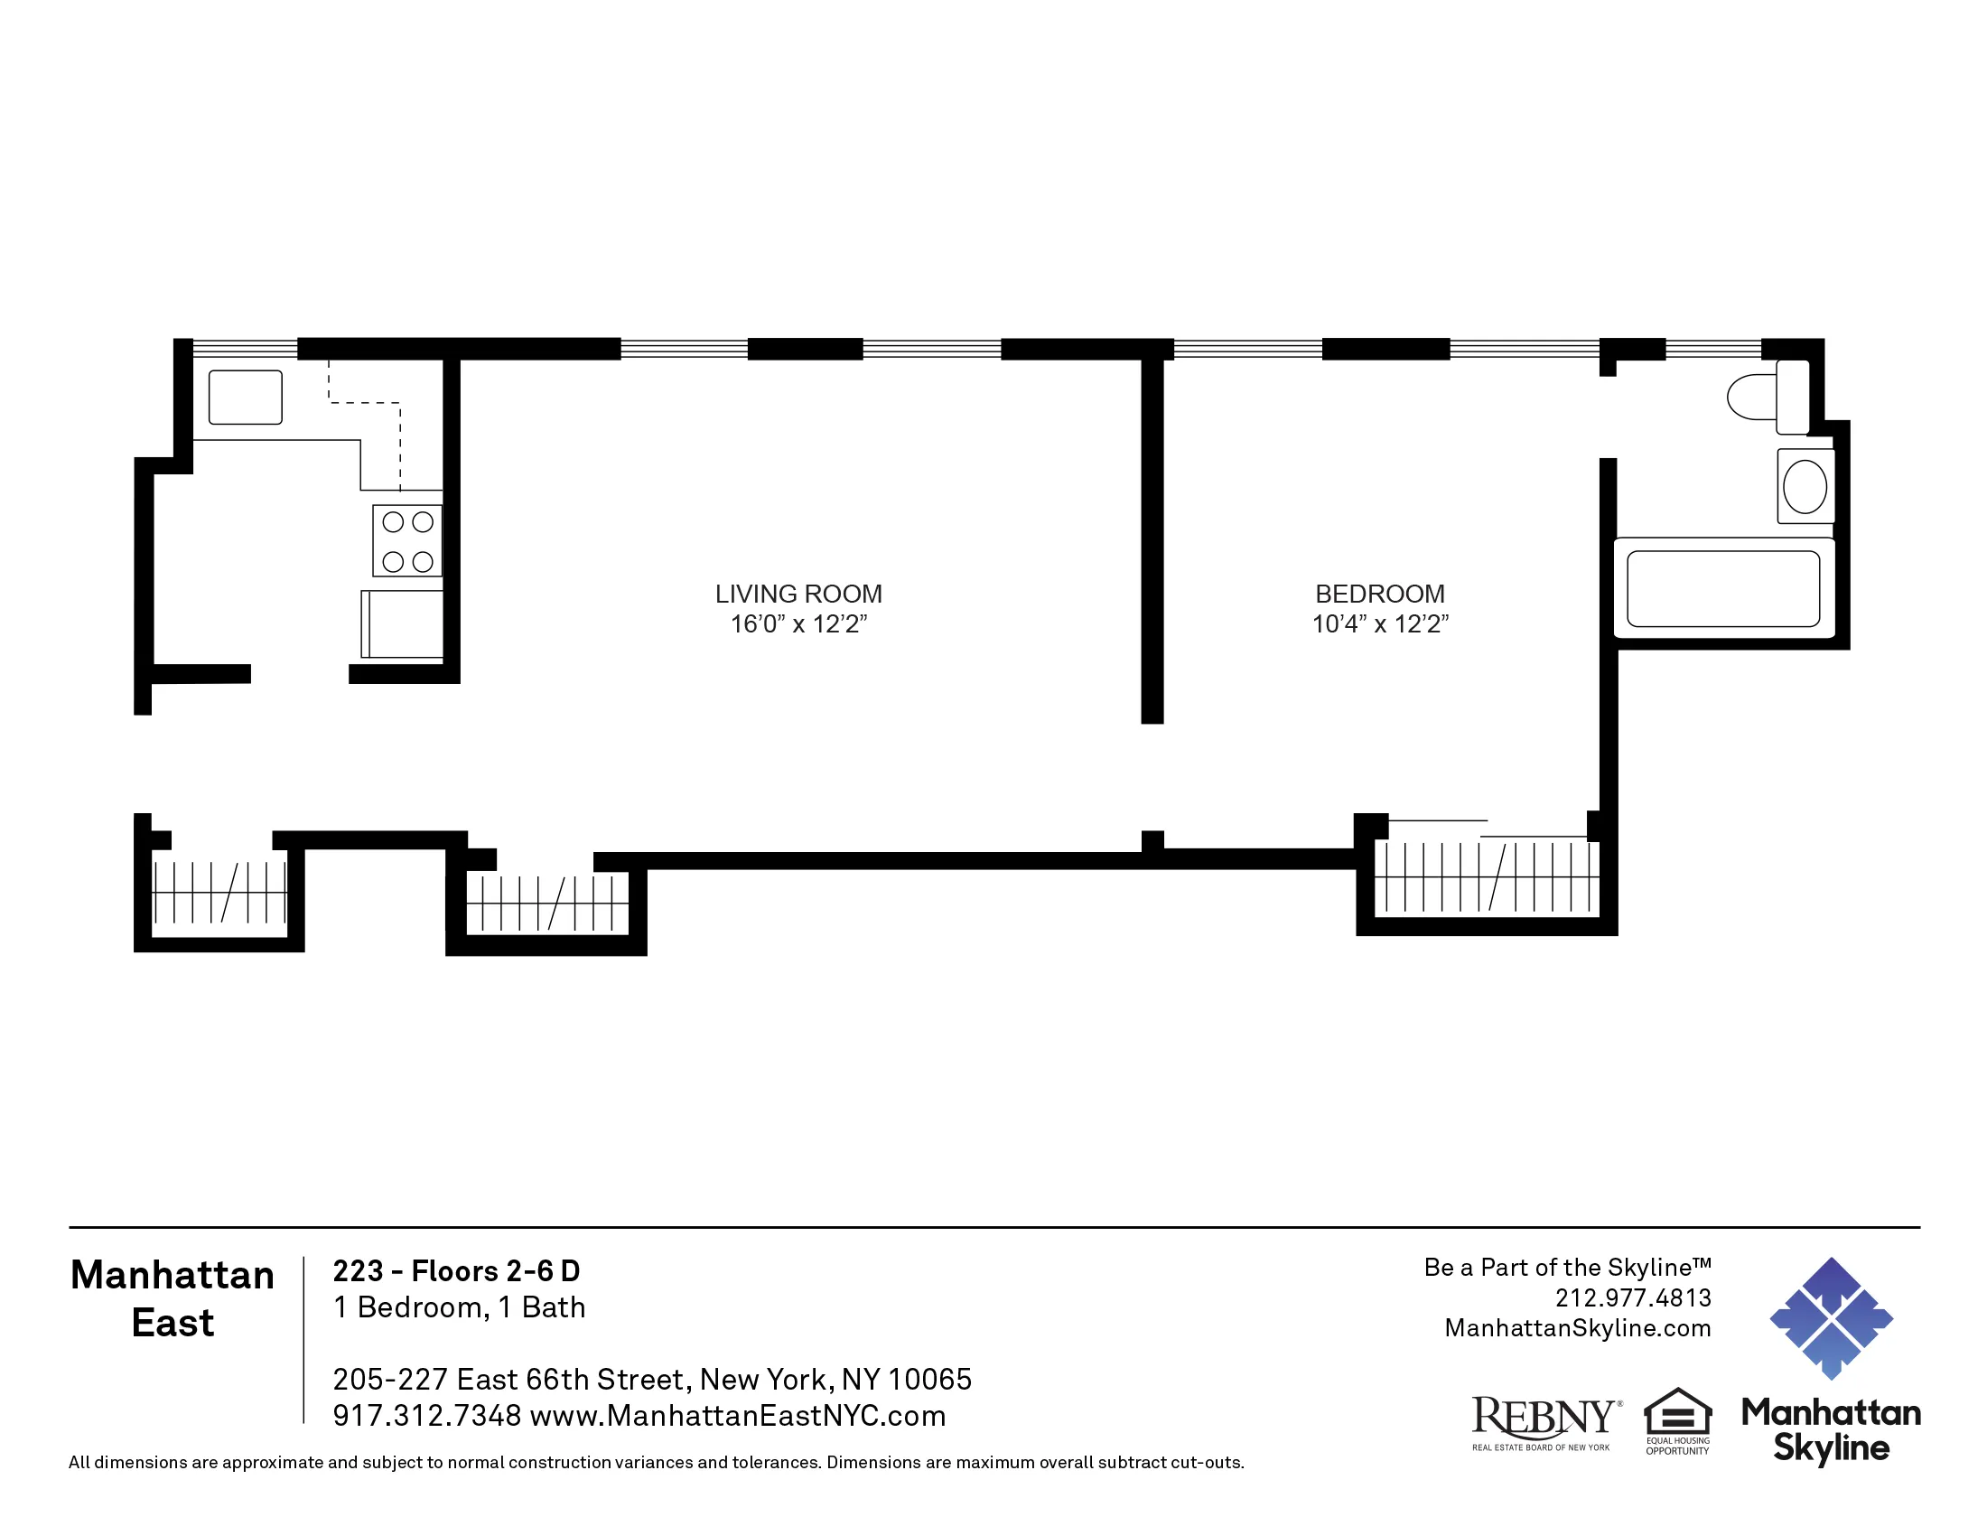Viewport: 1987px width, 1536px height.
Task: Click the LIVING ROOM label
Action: click(798, 594)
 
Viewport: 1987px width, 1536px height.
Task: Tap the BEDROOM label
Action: click(1379, 594)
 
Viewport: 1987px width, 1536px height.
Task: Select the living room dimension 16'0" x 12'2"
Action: click(798, 624)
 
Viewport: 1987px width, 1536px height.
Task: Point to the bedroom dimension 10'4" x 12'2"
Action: click(1379, 624)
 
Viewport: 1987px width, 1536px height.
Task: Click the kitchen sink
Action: click(245, 397)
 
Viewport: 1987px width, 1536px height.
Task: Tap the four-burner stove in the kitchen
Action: click(406, 540)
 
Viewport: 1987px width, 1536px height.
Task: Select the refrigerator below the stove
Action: click(402, 623)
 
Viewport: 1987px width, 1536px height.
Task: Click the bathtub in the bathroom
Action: click(1722, 589)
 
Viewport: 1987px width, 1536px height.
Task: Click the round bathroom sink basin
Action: click(1805, 487)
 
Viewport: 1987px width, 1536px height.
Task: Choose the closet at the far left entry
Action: click(219, 892)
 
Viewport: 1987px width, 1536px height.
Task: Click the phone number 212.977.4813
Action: click(1632, 1297)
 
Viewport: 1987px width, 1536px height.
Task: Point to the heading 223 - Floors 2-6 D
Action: click(456, 1270)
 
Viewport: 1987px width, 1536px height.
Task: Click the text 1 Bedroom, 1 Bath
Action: click(459, 1307)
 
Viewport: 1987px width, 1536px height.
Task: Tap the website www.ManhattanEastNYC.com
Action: click(737, 1416)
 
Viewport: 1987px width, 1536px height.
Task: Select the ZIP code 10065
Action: click(929, 1380)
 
